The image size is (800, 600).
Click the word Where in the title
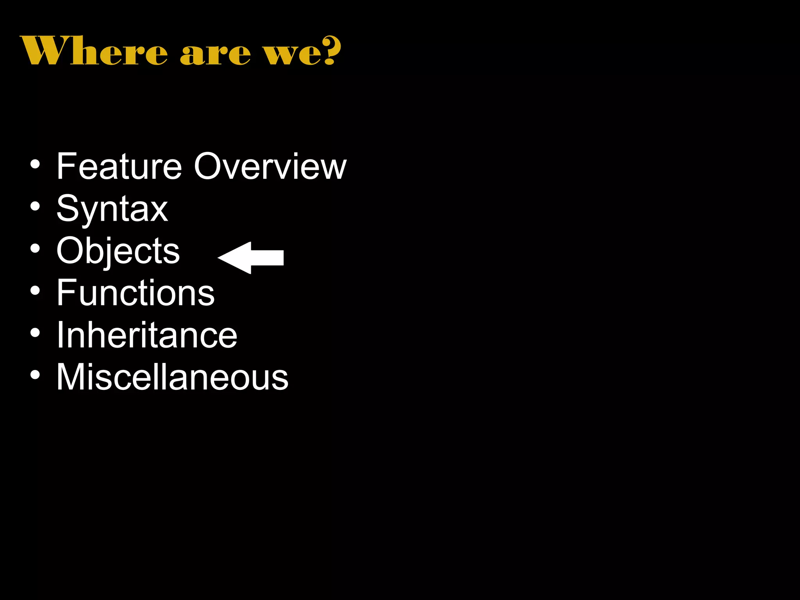click(94, 51)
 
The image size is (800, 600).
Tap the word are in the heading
click(215, 54)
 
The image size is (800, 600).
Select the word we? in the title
click(303, 52)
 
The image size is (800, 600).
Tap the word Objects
click(118, 251)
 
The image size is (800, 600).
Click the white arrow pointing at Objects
click(251, 257)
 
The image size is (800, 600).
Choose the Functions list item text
click(136, 293)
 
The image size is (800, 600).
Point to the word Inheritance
click(147, 335)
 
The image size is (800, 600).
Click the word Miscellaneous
click(172, 377)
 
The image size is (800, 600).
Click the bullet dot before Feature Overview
click(35, 164)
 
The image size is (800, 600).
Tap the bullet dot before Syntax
click(35, 206)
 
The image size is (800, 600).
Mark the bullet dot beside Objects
click(35, 248)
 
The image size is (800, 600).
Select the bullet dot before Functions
click(35, 291)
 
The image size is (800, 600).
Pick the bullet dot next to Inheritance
click(35, 333)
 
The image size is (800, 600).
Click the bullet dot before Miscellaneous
click(35, 375)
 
